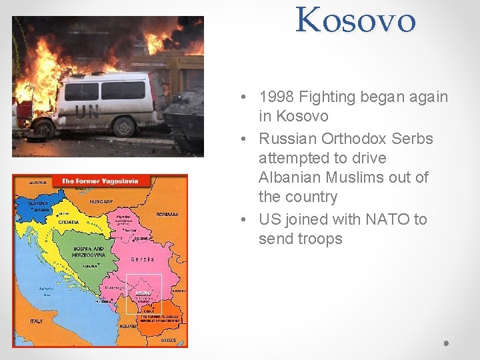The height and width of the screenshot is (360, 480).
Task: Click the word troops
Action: tap(317, 239)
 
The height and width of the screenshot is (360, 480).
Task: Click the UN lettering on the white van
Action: tap(87, 112)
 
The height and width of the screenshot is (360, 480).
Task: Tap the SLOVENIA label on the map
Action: tap(39, 203)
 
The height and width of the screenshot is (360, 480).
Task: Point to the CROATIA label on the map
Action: tap(69, 222)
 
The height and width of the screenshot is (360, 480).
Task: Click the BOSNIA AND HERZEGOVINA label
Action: tap(88, 251)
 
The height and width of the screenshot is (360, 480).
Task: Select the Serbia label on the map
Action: tap(143, 259)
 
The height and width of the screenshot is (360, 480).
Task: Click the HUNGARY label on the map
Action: tap(101, 201)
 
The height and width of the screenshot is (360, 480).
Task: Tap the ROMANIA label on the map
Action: tap(167, 215)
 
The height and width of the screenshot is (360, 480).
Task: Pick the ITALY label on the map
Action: tap(36, 321)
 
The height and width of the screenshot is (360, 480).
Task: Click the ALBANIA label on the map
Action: tap(129, 326)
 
